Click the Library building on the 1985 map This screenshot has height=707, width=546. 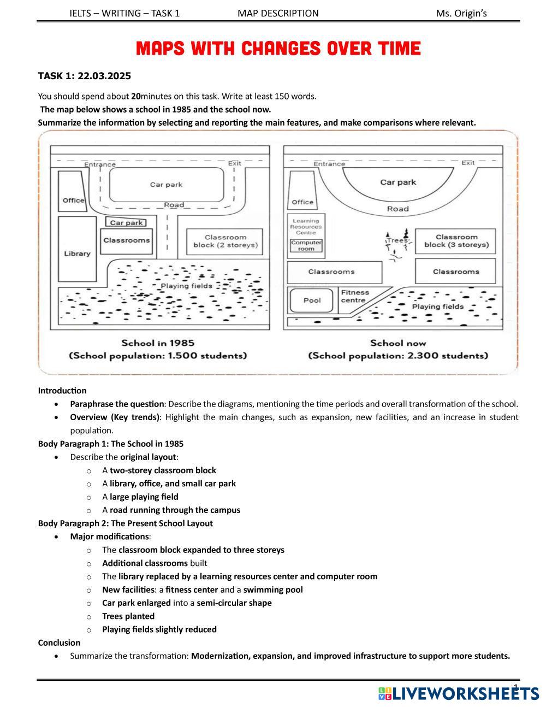[x=77, y=253]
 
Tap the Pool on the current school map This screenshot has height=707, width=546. [x=312, y=300]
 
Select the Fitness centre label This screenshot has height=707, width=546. [x=355, y=296]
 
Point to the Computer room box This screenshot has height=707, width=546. [x=306, y=245]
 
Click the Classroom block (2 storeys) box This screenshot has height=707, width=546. [x=225, y=241]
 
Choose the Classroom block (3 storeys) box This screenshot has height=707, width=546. [x=456, y=241]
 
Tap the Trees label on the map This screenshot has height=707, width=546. [x=397, y=240]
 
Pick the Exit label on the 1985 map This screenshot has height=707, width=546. [x=234, y=163]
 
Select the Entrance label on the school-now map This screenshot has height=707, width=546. [x=329, y=163]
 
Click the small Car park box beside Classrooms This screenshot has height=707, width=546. [x=126, y=222]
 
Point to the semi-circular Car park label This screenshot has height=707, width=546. [x=398, y=182]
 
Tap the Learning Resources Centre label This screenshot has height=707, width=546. [x=306, y=227]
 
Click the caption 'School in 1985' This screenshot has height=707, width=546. [x=158, y=343]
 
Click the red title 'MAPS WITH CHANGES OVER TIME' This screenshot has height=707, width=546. [x=278, y=49]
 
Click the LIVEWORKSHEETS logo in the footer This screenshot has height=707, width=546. [x=459, y=693]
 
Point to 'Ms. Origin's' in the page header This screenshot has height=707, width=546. [x=461, y=13]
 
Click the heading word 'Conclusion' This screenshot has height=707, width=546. [x=59, y=643]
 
